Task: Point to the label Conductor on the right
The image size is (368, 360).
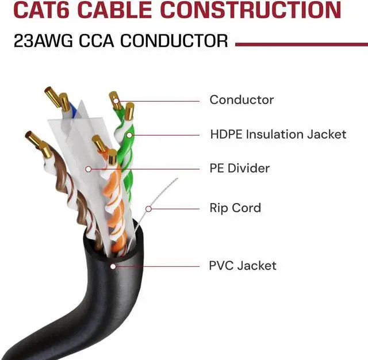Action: click(x=241, y=99)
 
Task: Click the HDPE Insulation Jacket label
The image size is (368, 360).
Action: click(x=278, y=135)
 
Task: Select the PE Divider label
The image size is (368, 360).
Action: click(x=239, y=168)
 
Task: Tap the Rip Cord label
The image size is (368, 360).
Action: click(x=235, y=208)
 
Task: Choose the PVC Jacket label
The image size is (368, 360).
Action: click(x=242, y=266)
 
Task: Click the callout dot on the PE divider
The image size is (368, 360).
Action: click(x=88, y=169)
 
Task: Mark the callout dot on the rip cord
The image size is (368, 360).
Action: click(x=148, y=208)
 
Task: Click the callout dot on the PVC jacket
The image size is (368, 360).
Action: click(x=113, y=266)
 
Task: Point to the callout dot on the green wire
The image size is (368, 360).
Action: click(x=130, y=135)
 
